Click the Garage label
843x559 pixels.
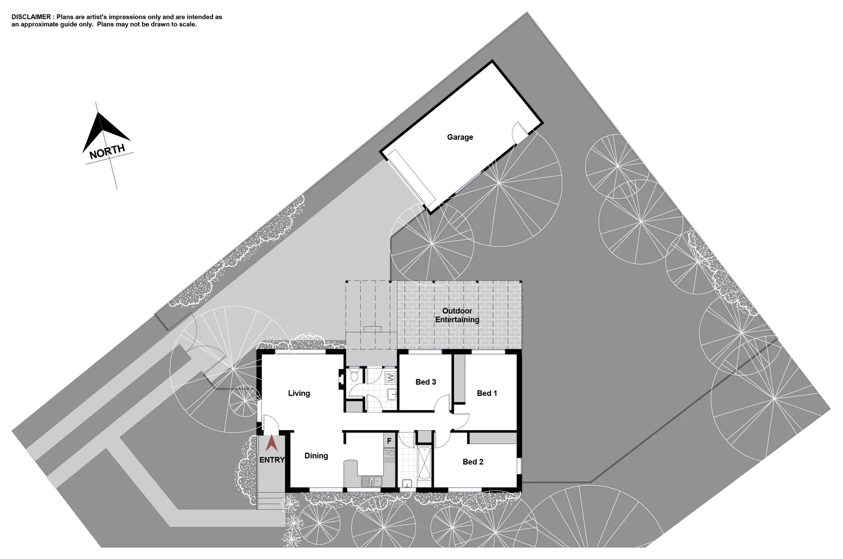coord(460,137)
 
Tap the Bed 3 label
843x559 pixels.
coord(426,382)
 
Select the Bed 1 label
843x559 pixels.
coord(487,393)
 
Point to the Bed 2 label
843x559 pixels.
coord(473,462)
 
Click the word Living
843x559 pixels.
coord(299,393)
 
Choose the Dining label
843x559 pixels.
coord(316,455)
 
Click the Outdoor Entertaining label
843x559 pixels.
coord(457,315)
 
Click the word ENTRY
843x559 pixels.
coord(272,460)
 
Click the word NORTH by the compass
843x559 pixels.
coord(107,152)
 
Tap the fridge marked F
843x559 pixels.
coord(389,441)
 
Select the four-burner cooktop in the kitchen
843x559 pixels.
coord(389,455)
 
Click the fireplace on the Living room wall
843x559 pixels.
coord(341,378)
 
